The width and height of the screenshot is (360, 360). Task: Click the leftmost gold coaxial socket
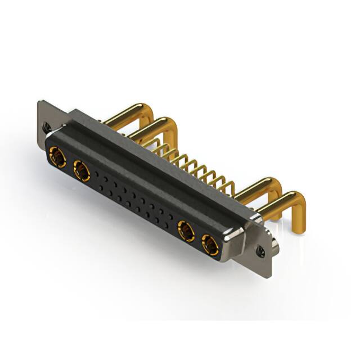point(57,156)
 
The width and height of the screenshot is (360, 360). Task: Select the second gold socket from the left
point(81,170)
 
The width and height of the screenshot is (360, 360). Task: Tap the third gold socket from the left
point(186,231)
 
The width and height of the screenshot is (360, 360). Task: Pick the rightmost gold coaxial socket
point(210,245)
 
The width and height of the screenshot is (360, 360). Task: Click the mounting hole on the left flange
point(46,127)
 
